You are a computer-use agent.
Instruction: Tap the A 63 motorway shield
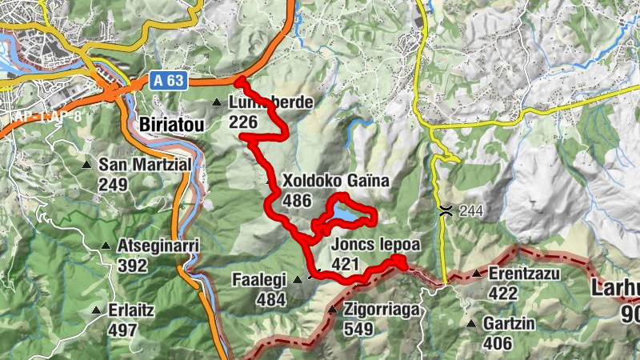[166, 80]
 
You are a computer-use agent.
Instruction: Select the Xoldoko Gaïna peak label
[334, 182]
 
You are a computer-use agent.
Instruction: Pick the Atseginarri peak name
[158, 245]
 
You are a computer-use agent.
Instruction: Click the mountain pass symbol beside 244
[445, 210]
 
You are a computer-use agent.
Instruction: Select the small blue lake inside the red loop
[346, 215]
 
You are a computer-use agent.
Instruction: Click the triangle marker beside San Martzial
[87, 165]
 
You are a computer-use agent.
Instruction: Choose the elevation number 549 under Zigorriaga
[358, 328]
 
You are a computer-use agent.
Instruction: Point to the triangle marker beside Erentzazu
[476, 274]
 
